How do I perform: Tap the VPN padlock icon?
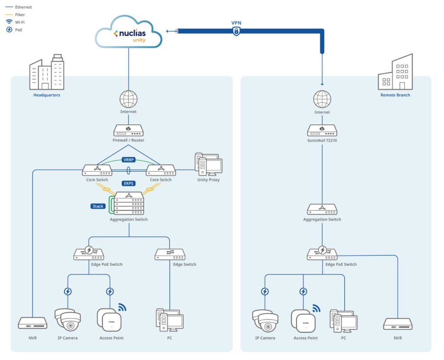[236, 31]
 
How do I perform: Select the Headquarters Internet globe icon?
[128, 99]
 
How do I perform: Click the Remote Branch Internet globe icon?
[322, 99]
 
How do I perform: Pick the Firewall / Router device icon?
[128, 130]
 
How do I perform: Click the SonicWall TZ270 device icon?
[322, 130]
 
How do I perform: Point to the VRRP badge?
[129, 160]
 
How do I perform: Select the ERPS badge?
[129, 183]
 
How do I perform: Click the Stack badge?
[98, 206]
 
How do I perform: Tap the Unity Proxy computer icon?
[208, 165]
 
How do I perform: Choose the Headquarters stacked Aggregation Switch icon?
[128, 203]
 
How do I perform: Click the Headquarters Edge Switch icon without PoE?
[170, 254]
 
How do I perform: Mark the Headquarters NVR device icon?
[33, 323]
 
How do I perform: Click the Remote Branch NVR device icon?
[398, 324]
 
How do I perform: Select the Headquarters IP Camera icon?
[68, 320]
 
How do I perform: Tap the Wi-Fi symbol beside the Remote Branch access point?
[316, 308]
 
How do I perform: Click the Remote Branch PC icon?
[343, 321]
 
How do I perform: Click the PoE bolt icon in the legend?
[9, 30]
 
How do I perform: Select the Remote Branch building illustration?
[395, 72]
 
